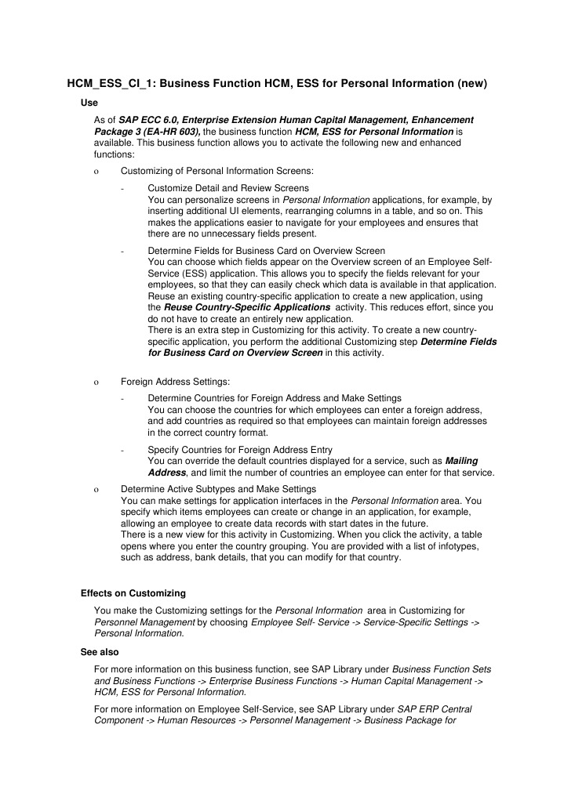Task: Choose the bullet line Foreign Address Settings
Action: click(x=175, y=382)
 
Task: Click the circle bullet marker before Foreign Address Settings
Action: click(x=95, y=382)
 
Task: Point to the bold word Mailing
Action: click(x=461, y=461)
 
